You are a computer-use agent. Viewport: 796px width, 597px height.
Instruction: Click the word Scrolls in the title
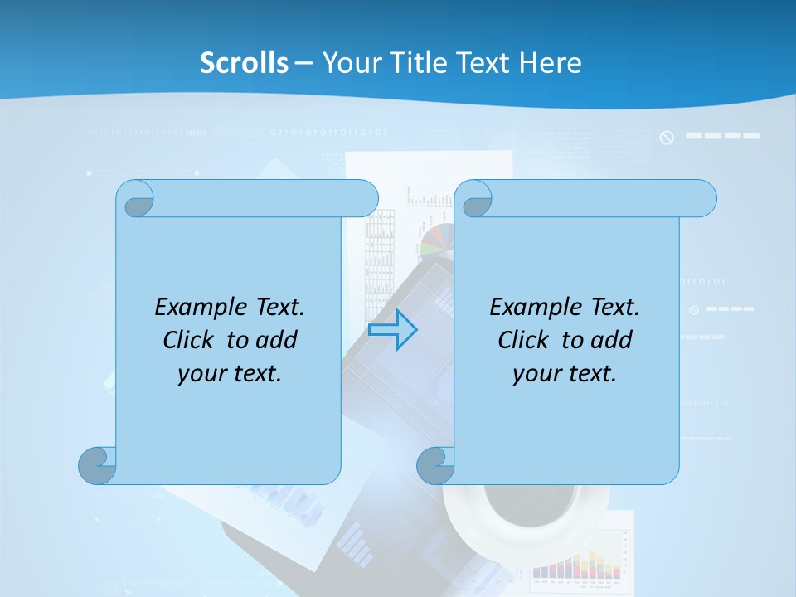click(244, 63)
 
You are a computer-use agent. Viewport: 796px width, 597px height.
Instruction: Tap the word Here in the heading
click(550, 63)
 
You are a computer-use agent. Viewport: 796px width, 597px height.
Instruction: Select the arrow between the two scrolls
click(392, 329)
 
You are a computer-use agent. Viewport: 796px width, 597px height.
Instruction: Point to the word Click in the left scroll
click(192, 340)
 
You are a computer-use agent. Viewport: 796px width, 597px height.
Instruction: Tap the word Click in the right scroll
click(527, 340)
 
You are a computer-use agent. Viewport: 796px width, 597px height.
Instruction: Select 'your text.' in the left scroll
click(230, 373)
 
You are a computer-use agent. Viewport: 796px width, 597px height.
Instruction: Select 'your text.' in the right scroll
click(565, 373)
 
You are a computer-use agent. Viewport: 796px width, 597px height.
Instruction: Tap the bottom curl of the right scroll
click(436, 465)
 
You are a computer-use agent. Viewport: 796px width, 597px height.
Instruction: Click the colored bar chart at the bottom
click(577, 564)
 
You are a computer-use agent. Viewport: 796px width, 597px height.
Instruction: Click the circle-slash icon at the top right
click(667, 138)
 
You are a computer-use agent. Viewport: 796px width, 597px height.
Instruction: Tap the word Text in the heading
click(484, 63)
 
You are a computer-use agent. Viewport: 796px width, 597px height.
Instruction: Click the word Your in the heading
click(349, 63)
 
